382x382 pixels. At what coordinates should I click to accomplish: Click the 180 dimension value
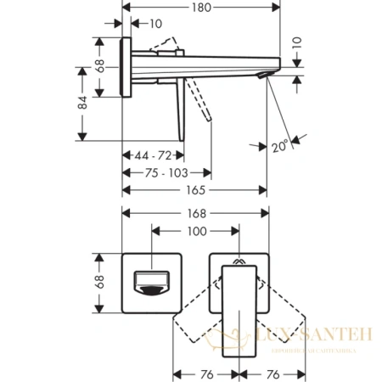200,8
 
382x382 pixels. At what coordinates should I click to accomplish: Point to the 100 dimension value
197,231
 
